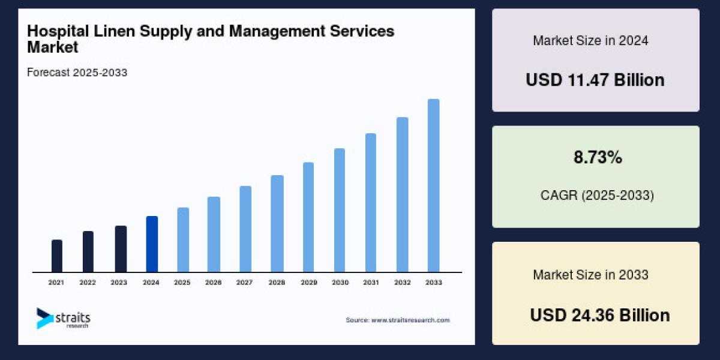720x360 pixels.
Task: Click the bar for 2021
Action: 57,256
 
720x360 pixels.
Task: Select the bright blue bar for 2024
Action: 152,244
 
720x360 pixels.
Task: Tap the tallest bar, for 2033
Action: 433,186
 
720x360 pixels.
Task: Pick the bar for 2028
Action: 277,224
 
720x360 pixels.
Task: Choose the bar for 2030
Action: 340,211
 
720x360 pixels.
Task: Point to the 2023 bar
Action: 121,249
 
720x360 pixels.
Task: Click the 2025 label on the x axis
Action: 182,282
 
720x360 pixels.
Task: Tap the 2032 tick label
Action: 402,282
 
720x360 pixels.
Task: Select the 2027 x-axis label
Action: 245,282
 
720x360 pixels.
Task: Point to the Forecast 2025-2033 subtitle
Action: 77,73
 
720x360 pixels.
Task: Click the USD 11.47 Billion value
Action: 595,80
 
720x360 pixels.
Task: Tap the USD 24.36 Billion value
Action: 600,315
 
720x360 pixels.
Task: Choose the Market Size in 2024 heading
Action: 590,41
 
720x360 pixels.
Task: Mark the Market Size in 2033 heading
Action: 590,275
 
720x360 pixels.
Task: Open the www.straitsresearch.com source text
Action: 410,320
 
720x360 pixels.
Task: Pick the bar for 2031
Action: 371,203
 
